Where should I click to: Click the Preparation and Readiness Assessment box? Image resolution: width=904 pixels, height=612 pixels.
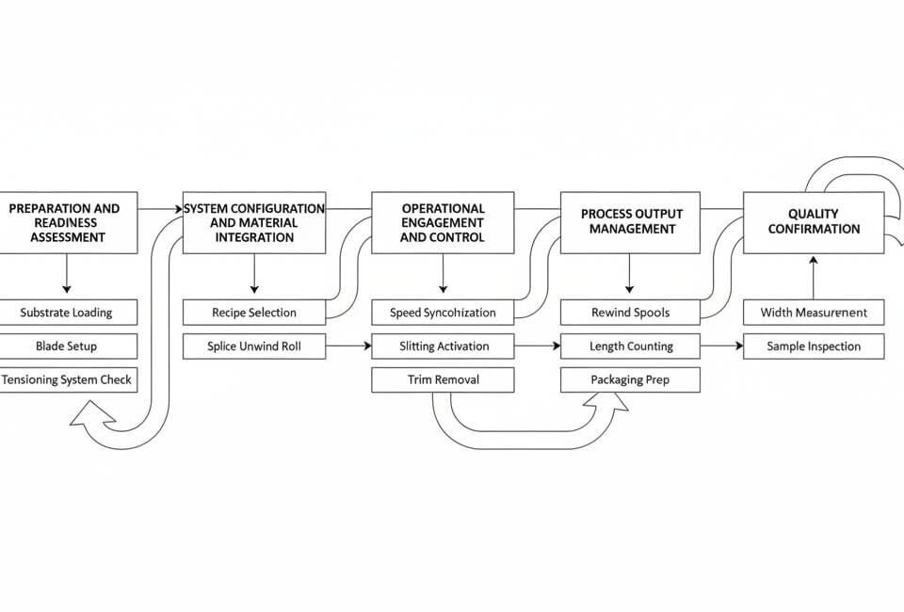pos(66,223)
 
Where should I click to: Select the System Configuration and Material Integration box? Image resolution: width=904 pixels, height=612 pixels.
pos(254,223)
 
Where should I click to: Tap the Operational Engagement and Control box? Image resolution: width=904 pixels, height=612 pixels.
pos(443,223)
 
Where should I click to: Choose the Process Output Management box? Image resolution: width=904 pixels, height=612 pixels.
pos(630,223)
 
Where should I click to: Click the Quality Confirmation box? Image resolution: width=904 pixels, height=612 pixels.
pos(814,223)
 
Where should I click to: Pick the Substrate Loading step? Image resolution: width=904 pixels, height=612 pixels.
pos(66,313)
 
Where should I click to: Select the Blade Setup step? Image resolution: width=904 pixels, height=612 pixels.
pos(66,346)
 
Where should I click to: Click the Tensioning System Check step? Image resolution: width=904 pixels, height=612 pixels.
pos(66,380)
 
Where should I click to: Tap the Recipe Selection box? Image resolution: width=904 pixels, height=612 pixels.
pos(254,313)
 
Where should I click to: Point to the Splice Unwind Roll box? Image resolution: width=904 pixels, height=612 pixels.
pos(254,346)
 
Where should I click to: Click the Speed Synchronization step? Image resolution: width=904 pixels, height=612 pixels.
pos(443,313)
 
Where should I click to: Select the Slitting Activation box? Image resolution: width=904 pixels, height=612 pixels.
pos(443,346)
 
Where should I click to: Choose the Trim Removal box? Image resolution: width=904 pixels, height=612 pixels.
pos(443,380)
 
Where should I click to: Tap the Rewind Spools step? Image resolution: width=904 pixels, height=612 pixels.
pos(630,313)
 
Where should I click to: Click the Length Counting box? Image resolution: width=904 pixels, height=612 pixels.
pos(630,346)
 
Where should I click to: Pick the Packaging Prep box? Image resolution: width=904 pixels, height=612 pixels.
pos(630,380)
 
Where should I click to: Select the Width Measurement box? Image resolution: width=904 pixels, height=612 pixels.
pos(814,313)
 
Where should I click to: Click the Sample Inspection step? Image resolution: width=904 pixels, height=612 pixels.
pos(814,346)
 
